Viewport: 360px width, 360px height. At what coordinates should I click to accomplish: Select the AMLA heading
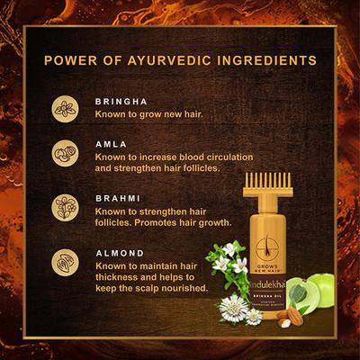[108, 142]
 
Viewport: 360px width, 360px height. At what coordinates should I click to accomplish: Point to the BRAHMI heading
[114, 195]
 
